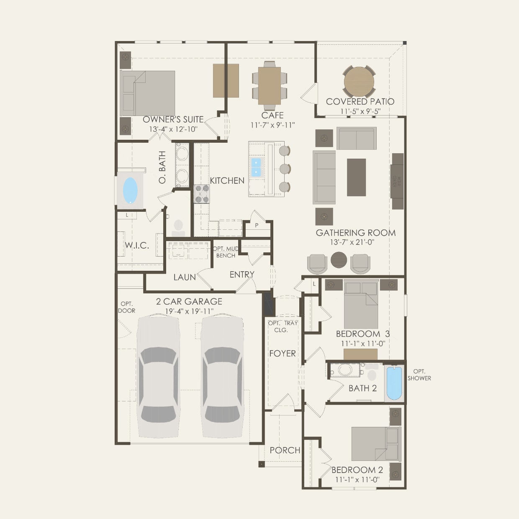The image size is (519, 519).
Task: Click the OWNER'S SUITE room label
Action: [173, 119]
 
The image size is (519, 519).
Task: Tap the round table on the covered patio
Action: [359, 82]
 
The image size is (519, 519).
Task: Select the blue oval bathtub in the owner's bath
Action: [130, 190]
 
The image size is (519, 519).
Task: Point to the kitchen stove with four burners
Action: [202, 194]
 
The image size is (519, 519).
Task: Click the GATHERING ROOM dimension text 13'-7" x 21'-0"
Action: [355, 242]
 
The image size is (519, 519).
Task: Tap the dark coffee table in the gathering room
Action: [356, 177]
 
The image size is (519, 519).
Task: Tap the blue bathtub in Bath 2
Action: [394, 383]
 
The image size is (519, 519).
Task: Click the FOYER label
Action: [283, 354]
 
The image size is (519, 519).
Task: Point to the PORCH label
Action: [285, 450]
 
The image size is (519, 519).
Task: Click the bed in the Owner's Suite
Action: [147, 93]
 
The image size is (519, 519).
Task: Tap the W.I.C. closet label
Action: [137, 245]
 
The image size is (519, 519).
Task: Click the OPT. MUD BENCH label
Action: [226, 252]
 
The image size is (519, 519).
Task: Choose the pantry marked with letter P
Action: [257, 225]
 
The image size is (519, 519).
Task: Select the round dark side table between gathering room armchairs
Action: [339, 260]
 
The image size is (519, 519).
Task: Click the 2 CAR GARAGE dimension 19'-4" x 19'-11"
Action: [189, 311]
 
